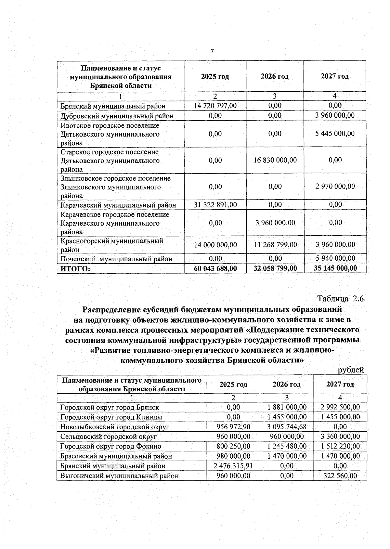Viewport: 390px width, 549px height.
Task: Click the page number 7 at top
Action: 212,51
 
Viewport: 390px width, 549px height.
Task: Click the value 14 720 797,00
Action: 215,106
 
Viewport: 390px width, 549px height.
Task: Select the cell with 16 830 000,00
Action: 275,160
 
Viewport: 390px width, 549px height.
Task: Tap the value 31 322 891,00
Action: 215,205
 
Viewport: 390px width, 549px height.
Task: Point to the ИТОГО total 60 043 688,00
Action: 215,268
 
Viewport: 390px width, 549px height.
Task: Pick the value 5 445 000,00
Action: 335,134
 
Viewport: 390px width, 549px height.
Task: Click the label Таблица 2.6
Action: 340,299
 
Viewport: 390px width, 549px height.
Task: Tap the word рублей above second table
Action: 351,370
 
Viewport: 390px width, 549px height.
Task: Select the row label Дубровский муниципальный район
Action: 117,116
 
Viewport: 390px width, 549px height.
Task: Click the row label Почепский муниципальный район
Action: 116,259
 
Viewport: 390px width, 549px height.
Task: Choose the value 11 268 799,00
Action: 275,245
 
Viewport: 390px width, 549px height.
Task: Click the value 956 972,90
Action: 233,427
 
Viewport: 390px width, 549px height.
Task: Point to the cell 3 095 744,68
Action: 287,427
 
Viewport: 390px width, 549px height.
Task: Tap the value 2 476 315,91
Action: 233,466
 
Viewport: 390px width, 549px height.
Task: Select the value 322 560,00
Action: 340,476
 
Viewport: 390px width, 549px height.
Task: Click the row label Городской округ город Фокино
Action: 111,447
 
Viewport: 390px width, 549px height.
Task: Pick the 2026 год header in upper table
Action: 275,76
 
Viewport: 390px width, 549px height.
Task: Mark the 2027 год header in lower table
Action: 340,384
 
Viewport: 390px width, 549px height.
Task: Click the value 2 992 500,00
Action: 340,407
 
